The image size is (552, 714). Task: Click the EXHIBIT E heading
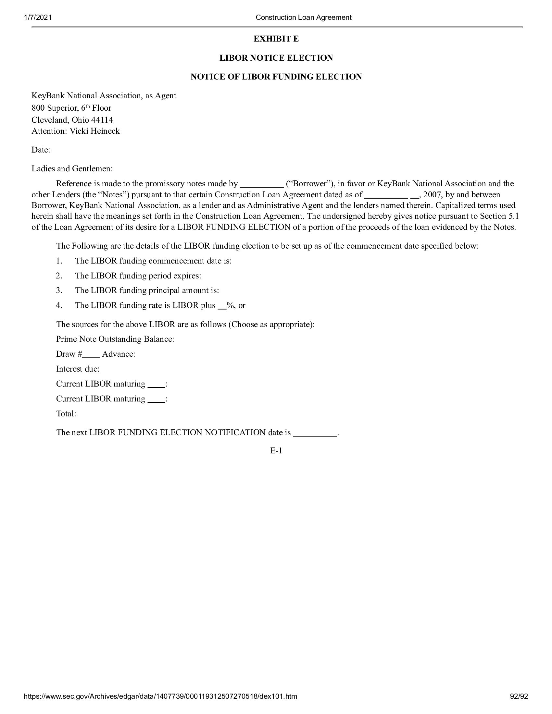(x=276, y=39)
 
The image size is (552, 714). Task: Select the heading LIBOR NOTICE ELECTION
(x=276, y=58)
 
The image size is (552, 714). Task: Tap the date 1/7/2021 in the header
(x=38, y=17)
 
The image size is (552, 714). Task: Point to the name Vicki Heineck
(x=95, y=131)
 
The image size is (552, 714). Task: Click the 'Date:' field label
(x=41, y=150)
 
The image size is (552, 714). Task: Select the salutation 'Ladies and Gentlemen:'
(x=72, y=169)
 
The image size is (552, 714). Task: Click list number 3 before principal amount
(x=59, y=290)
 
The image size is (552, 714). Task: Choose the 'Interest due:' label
(x=78, y=369)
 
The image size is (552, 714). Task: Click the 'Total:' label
(x=66, y=414)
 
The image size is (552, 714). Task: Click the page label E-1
(x=276, y=451)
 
